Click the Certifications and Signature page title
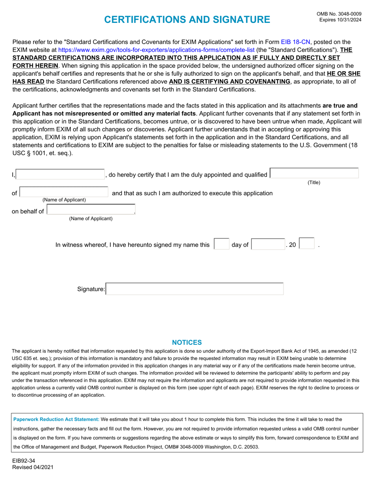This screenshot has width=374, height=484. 181,20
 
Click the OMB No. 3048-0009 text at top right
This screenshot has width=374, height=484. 339,14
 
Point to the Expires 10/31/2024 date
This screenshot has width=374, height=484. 340,20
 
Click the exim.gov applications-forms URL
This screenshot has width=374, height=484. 156,50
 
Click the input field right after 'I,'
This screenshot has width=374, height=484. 60,174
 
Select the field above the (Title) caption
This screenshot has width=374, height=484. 315,174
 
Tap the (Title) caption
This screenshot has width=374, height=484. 314,183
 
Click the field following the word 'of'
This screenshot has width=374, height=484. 64,192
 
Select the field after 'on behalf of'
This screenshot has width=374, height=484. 91,210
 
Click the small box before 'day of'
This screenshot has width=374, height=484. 221,244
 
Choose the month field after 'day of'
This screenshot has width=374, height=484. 268,244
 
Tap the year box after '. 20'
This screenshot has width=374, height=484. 307,244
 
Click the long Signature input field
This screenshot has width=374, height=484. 195,289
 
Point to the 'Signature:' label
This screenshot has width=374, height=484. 91,290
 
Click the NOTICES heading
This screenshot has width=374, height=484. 187,342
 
